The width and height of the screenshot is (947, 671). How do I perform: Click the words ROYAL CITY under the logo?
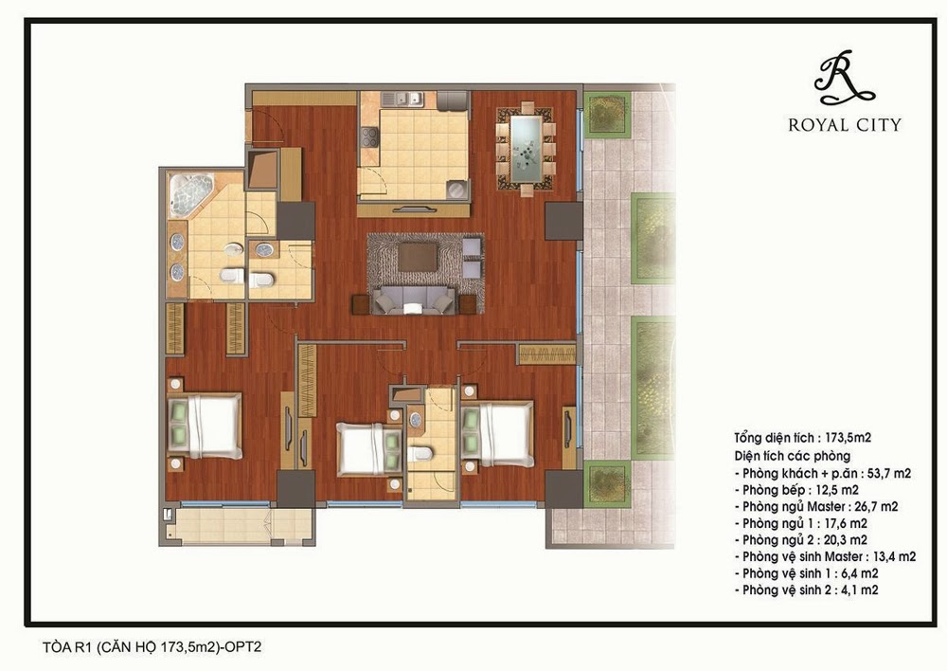pos(845,125)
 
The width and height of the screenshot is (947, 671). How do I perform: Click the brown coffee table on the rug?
pos(418,257)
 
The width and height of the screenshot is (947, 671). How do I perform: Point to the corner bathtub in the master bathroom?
pos(191,194)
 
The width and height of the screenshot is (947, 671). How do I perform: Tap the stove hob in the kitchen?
pos(369,137)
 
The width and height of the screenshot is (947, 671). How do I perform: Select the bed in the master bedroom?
pos(205,426)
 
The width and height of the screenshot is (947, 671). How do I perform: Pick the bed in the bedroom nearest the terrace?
pos(497,434)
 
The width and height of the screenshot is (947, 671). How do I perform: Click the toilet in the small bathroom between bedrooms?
pos(419,454)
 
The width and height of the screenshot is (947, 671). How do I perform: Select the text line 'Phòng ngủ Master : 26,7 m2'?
pos(816,507)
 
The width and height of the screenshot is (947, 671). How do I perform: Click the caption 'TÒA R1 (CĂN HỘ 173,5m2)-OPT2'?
pos(152,646)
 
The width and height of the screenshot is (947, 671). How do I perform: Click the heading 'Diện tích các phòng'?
pos(793,456)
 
